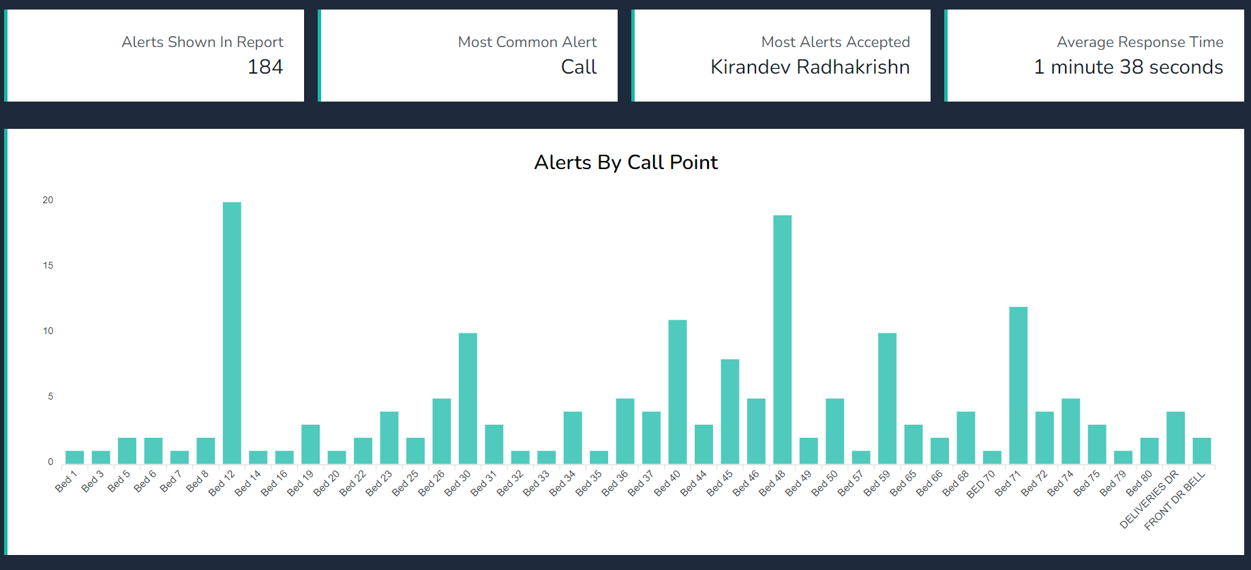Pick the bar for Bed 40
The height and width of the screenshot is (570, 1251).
pyautogui.click(x=677, y=392)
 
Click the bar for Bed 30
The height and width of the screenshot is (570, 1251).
pyautogui.click(x=468, y=398)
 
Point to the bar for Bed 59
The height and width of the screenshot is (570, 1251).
pyautogui.click(x=887, y=398)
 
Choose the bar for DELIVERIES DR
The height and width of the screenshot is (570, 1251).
pyautogui.click(x=1175, y=438)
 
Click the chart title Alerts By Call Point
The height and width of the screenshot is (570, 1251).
pyautogui.click(x=626, y=162)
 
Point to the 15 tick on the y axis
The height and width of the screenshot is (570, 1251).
pyautogui.click(x=48, y=265)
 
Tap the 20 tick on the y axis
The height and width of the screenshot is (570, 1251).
pyautogui.click(x=48, y=200)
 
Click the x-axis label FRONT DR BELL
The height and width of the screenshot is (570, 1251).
pyautogui.click(x=1175, y=501)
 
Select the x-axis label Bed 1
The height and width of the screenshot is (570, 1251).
pyautogui.click(x=66, y=481)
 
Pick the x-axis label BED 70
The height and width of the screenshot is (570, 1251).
pyautogui.click(x=981, y=484)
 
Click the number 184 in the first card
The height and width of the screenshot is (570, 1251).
pyautogui.click(x=265, y=67)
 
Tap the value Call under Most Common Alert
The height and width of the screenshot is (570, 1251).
pyautogui.click(x=579, y=67)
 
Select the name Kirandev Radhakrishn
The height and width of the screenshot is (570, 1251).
pyautogui.click(x=810, y=67)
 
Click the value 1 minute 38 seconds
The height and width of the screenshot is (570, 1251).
pyautogui.click(x=1128, y=67)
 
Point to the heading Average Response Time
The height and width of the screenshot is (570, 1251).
pyautogui.click(x=1140, y=42)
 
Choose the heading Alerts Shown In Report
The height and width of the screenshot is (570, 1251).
pyautogui.click(x=202, y=42)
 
